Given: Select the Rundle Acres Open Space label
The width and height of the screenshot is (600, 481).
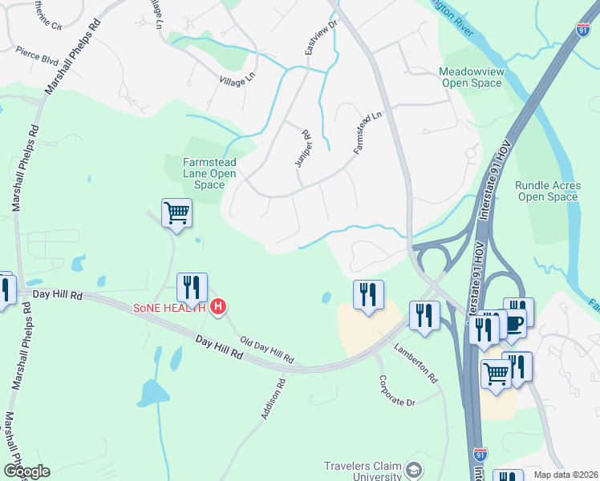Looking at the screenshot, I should [x=546, y=191].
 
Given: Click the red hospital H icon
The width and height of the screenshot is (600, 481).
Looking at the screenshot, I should [x=217, y=306].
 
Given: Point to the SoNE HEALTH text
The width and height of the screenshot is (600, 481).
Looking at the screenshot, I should [x=169, y=306].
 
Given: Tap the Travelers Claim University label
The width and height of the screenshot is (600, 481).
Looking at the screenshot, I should [x=362, y=471].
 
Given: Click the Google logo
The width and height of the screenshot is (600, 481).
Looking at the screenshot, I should [x=26, y=471].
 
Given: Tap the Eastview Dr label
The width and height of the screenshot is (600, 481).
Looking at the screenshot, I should [x=311, y=38].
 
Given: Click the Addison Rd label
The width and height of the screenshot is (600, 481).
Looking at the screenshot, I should [x=274, y=399].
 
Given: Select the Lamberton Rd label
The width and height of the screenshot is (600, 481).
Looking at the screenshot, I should [x=415, y=362].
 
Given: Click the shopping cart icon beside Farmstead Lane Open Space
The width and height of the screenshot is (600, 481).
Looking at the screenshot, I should [x=176, y=213].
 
